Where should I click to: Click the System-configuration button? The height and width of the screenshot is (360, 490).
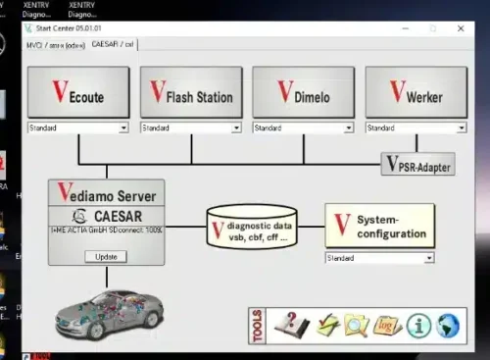click(x=378, y=226)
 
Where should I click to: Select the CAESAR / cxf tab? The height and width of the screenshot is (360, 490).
click(x=113, y=44)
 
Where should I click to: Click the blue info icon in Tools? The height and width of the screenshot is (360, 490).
click(x=417, y=326)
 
